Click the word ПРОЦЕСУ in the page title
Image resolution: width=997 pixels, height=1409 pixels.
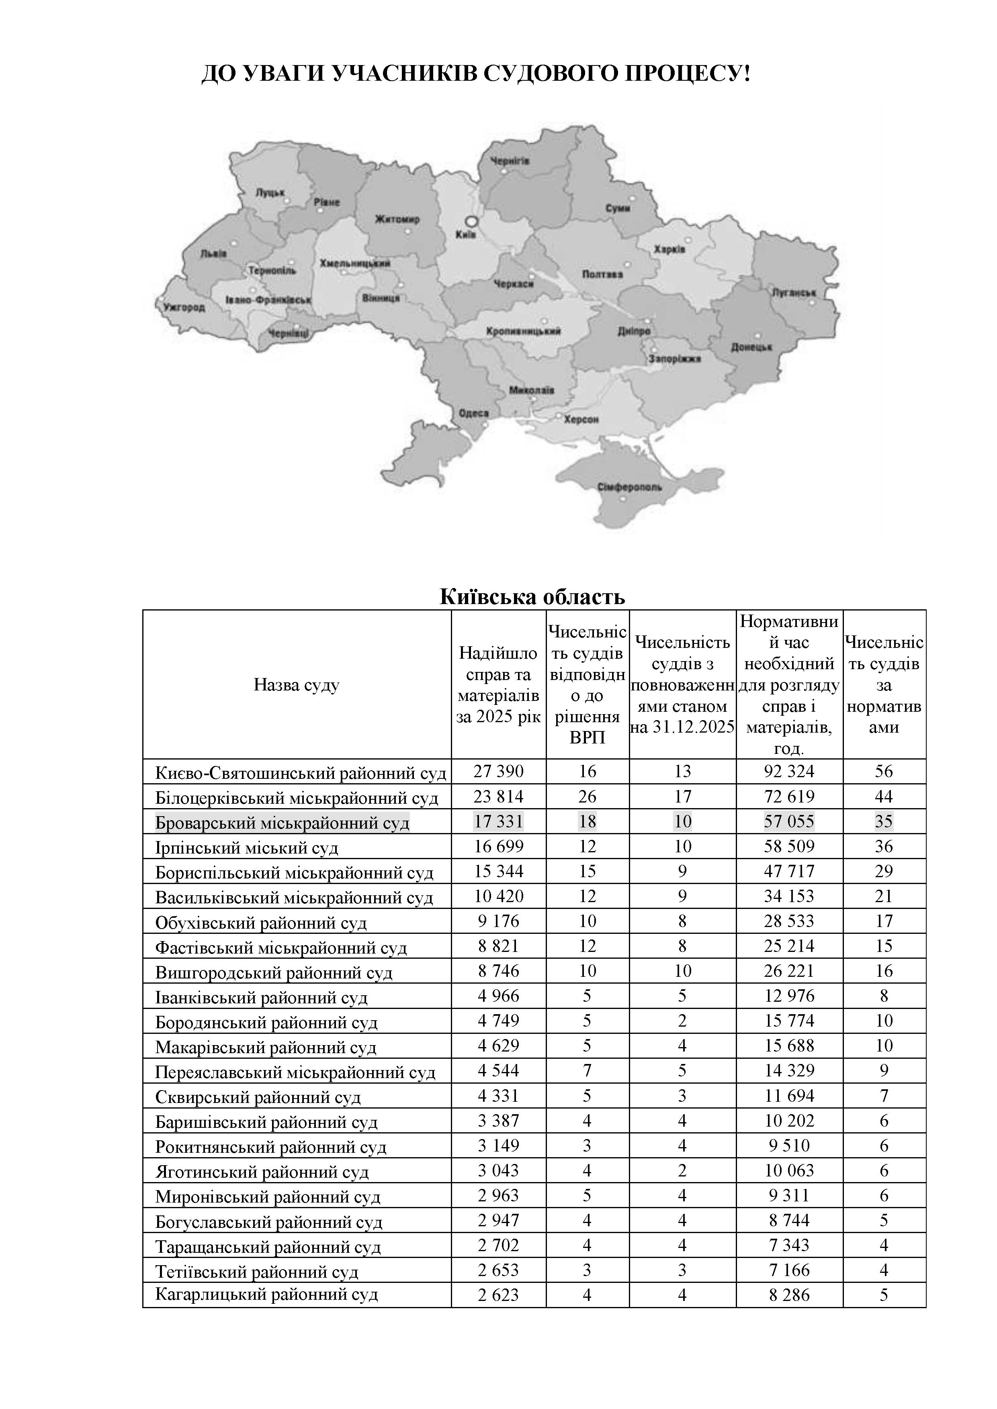tap(688, 74)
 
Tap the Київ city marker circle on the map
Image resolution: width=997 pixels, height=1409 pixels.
tap(471, 221)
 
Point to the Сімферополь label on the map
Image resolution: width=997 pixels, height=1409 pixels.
tap(630, 487)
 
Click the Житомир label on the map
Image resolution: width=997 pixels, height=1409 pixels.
tap(397, 219)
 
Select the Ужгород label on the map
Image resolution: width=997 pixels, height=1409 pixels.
tap(184, 307)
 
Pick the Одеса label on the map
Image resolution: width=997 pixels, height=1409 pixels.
tap(474, 413)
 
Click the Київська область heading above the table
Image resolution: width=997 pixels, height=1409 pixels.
tap(532, 596)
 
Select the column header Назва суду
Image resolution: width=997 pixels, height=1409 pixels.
tap(297, 685)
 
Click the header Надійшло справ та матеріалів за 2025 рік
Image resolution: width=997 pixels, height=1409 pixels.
tap(498, 685)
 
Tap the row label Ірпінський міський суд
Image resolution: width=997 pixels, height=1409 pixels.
tap(247, 847)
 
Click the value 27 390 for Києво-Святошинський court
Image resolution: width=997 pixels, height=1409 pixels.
tap(498, 772)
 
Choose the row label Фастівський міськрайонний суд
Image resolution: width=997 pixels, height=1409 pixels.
tap(281, 948)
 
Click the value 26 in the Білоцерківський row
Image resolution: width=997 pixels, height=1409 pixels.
tap(587, 796)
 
